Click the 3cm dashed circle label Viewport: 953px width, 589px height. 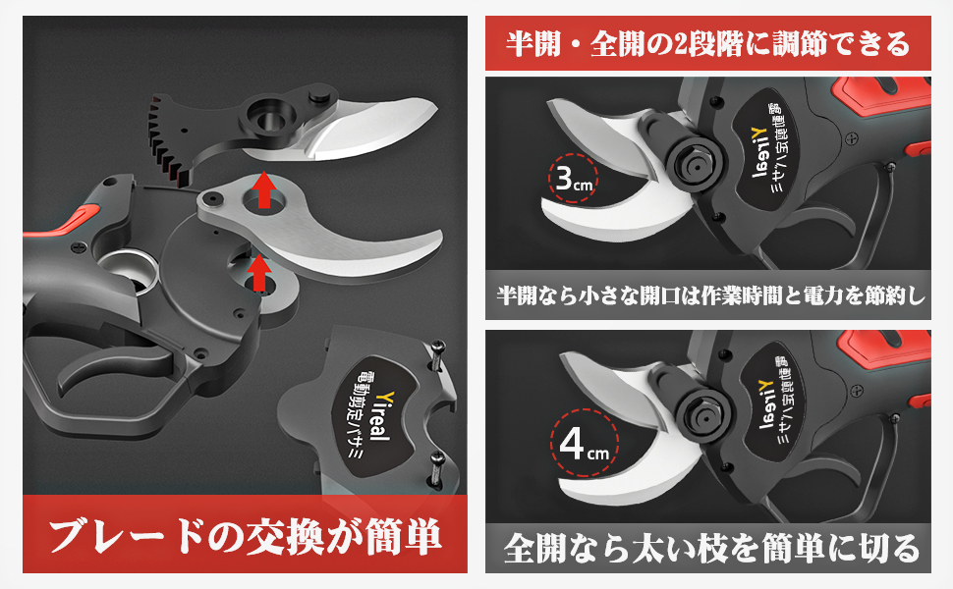[572, 178]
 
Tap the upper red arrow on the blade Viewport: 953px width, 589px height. [263, 189]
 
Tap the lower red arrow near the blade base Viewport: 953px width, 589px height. [260, 273]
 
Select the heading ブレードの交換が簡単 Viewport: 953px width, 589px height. [245, 537]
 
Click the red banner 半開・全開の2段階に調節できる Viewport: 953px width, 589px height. [708, 44]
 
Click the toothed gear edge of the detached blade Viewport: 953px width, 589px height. [167, 139]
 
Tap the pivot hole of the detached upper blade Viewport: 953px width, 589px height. [267, 119]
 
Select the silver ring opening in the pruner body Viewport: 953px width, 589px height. [129, 271]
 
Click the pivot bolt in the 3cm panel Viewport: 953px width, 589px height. [695, 163]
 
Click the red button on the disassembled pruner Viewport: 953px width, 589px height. [79, 217]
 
